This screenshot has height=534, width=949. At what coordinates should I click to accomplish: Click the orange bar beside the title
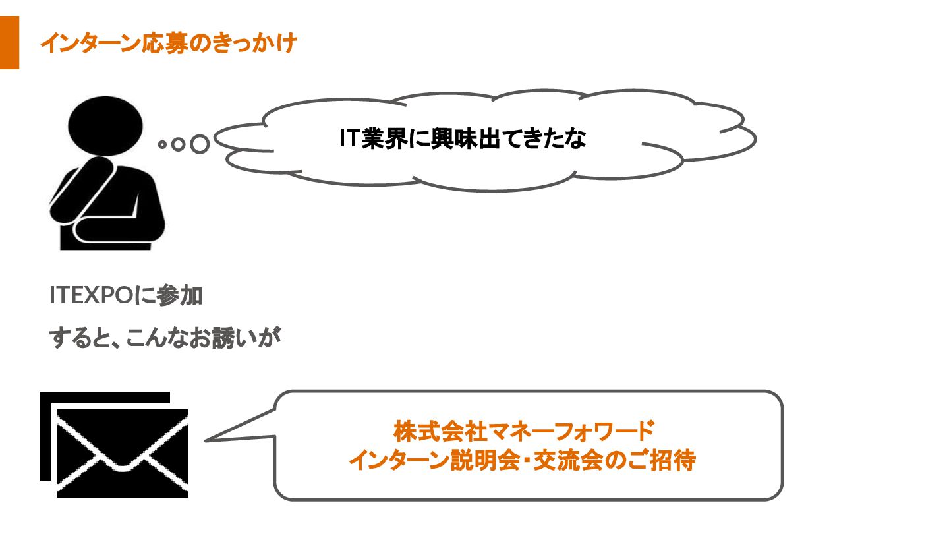pos(9,44)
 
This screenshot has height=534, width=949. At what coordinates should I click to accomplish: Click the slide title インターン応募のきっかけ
pos(168,44)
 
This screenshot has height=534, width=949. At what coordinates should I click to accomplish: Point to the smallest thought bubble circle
pos(161,144)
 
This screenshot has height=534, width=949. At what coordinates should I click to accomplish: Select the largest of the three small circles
pos(199,144)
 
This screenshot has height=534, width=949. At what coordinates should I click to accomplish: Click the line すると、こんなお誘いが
pos(165,339)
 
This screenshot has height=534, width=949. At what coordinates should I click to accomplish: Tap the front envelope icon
pos(123,454)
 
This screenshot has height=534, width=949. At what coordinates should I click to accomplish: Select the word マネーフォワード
pos(570,432)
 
